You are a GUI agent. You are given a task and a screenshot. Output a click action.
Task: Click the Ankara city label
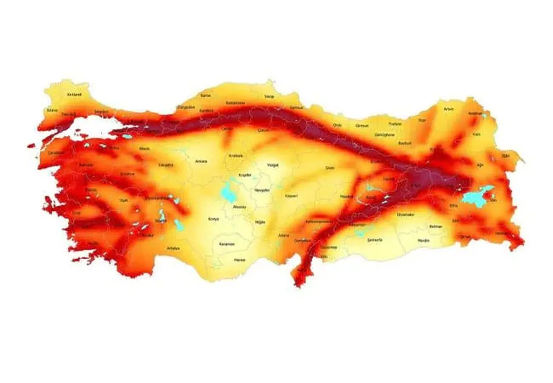click(x=201, y=161)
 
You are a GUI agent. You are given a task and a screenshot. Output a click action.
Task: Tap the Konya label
click(x=213, y=219)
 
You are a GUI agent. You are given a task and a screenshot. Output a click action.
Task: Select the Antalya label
click(x=173, y=248)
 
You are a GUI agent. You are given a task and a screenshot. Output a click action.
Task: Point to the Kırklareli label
click(x=74, y=94)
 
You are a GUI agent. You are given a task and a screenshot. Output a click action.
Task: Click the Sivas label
click(x=330, y=167)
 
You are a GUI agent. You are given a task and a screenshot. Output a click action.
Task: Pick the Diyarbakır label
click(x=406, y=214)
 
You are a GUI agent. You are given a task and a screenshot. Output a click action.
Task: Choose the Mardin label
click(x=424, y=240)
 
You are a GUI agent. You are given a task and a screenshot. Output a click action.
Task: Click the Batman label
click(x=435, y=226)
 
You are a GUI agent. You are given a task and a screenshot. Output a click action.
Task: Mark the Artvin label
click(x=449, y=109)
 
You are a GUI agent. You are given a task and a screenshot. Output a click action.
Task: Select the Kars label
click(x=477, y=134)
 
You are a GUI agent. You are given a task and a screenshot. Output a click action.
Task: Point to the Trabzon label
click(x=395, y=124)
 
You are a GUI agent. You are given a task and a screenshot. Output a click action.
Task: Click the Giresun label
click(x=362, y=126)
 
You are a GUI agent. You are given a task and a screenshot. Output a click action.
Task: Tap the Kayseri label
click(x=292, y=196)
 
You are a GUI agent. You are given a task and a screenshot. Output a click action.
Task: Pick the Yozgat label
click(x=273, y=165)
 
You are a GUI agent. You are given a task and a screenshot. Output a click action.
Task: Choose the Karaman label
click(x=226, y=244)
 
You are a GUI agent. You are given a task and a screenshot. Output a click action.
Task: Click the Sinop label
click(x=270, y=96)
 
